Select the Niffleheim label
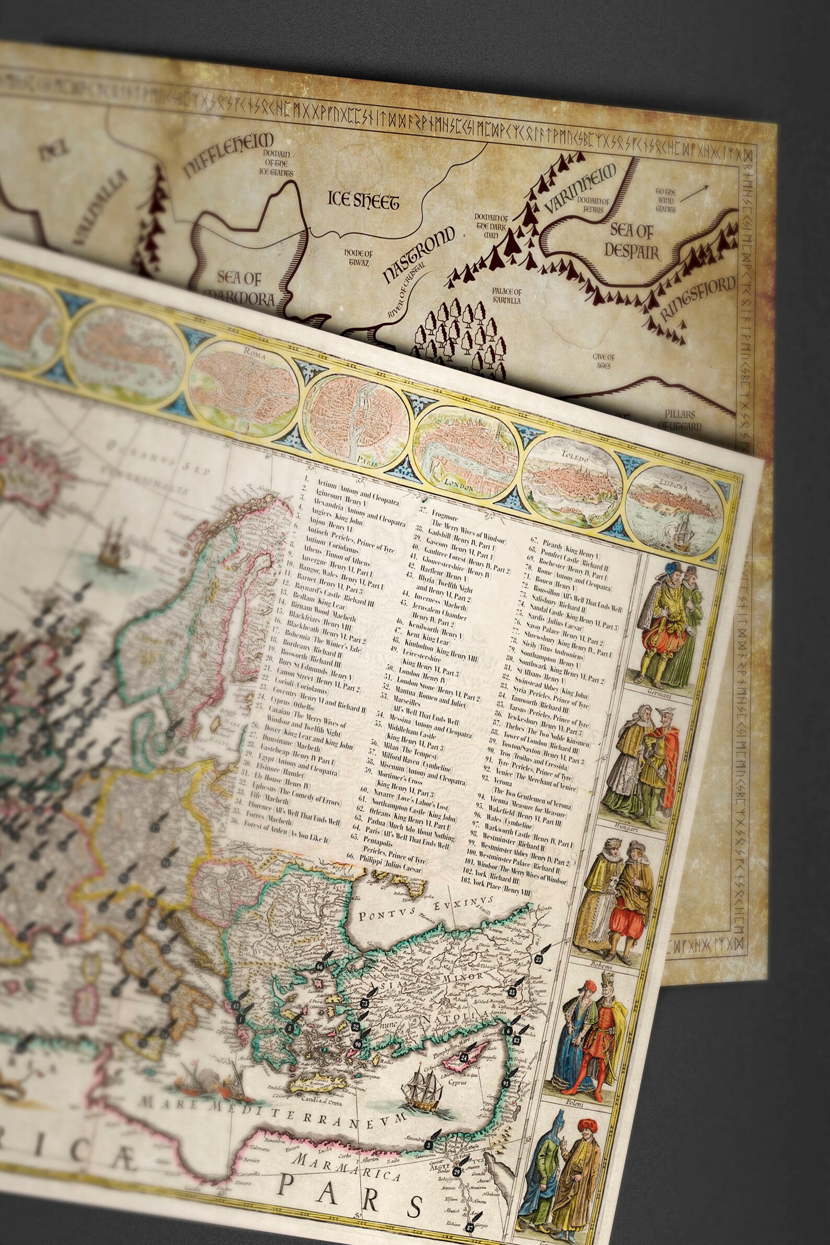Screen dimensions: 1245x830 (x=229, y=154)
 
